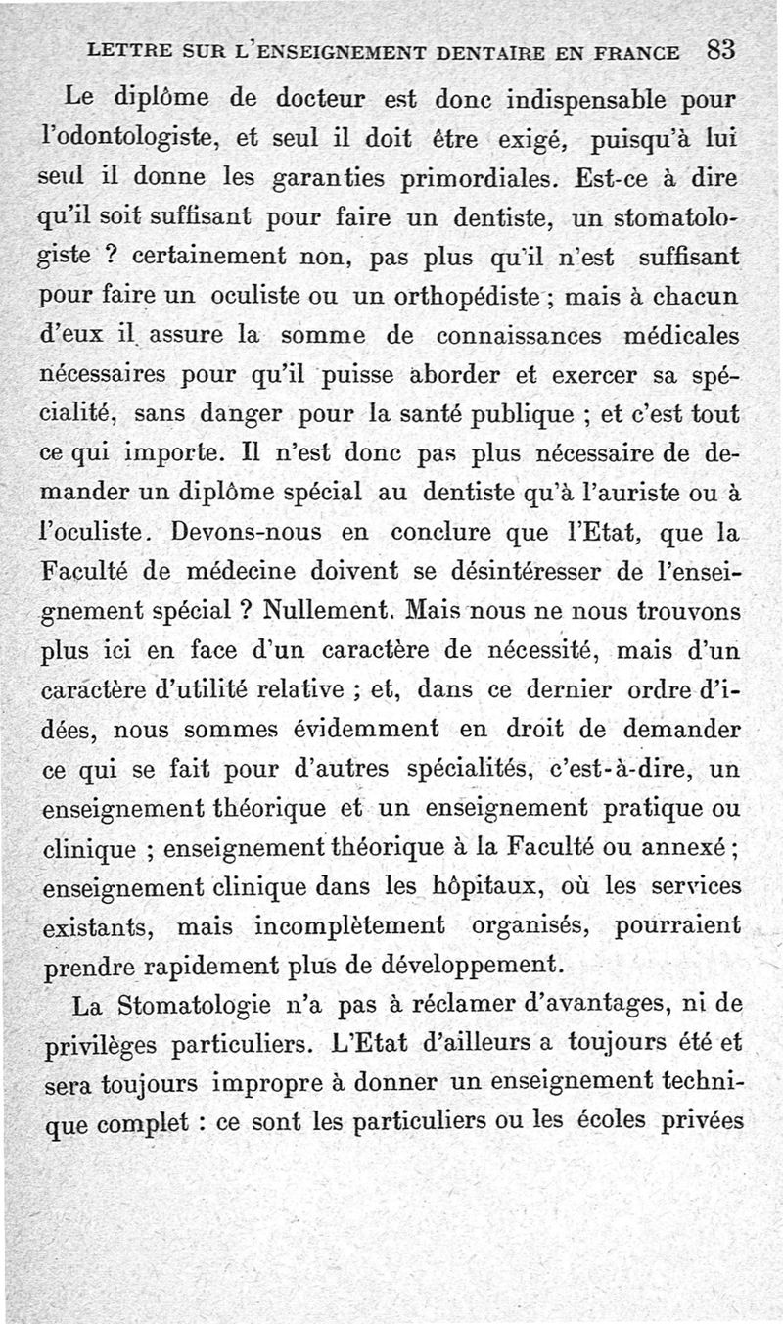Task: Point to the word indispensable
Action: pyautogui.click(x=588, y=99)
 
